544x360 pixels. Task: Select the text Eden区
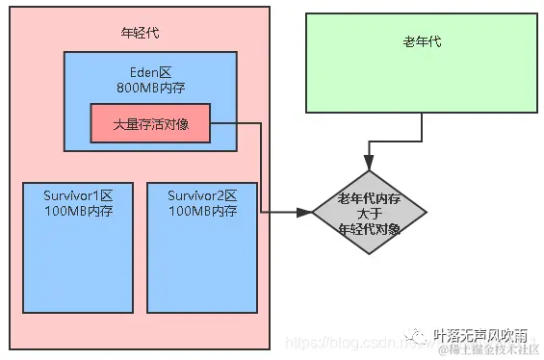point(150,71)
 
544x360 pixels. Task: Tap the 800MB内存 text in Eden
point(150,88)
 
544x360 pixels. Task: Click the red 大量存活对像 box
point(150,122)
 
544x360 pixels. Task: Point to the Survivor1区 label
point(78,195)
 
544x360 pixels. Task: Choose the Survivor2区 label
point(202,195)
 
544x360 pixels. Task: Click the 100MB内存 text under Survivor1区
point(78,211)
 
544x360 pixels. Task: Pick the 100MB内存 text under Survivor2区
point(202,211)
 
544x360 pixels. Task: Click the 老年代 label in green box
point(423,43)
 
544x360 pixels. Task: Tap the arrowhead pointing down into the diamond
point(368,163)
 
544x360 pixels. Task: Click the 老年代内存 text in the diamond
point(368,198)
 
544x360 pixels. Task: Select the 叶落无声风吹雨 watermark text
point(480,334)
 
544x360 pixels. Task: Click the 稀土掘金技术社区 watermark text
point(490,349)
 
